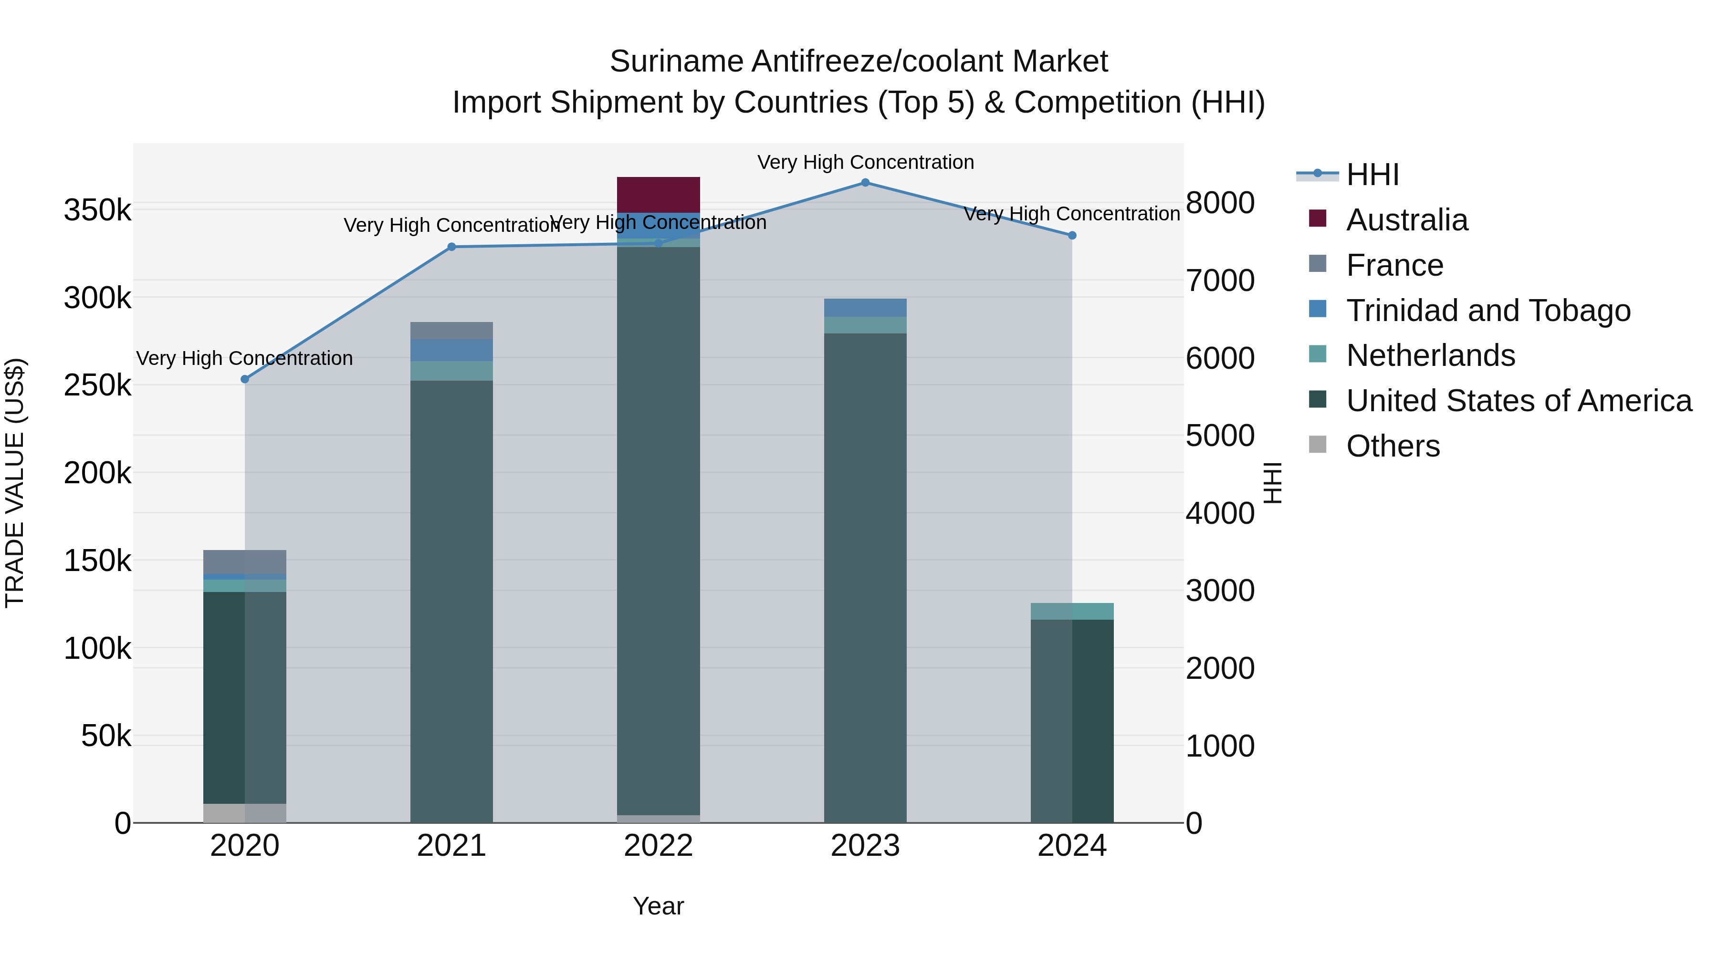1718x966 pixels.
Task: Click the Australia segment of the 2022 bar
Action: click(x=658, y=195)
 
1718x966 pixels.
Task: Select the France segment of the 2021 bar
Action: click(x=451, y=331)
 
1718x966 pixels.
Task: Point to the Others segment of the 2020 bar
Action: click(x=244, y=813)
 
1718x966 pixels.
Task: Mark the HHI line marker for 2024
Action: click(x=1072, y=235)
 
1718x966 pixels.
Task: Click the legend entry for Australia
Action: click(x=1406, y=220)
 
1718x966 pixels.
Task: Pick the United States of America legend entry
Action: click(x=1518, y=401)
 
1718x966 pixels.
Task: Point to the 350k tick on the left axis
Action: click(x=97, y=211)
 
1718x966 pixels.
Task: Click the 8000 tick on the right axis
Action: click(x=1220, y=203)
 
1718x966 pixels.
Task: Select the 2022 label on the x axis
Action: click(x=658, y=846)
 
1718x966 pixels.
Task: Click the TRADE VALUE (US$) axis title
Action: click(x=15, y=483)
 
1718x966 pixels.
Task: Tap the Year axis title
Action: click(x=658, y=906)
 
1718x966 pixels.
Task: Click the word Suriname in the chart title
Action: click(x=676, y=62)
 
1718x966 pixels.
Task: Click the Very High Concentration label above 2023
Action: click(x=865, y=162)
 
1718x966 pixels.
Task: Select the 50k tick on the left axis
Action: click(x=105, y=736)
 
